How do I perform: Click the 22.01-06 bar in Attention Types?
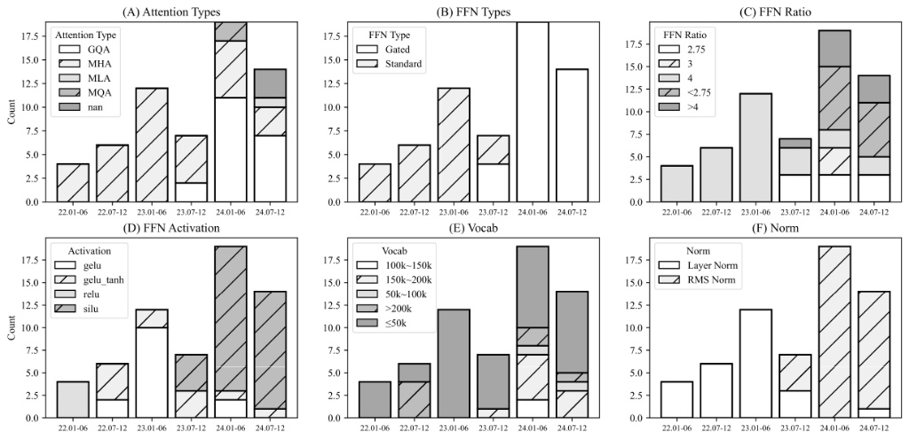coord(73,183)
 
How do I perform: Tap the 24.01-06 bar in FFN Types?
coord(533,112)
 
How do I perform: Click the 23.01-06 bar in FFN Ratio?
coord(755,147)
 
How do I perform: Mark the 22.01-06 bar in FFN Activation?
coord(73,399)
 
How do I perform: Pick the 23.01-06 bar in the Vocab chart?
coord(454,364)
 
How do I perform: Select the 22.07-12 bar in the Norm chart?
coord(715,390)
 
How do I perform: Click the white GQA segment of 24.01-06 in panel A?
coord(231,150)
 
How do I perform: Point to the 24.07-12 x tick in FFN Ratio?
coord(873,212)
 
